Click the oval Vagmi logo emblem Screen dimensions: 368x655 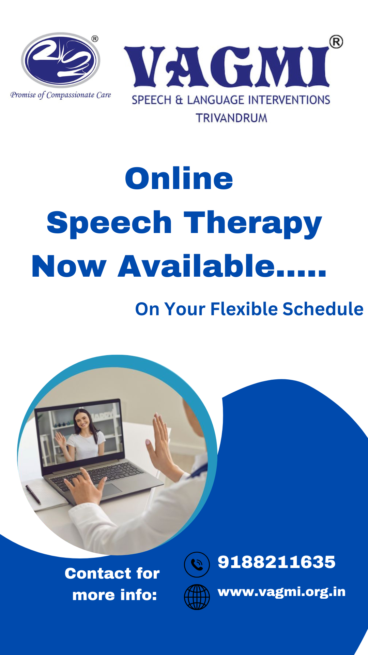coord(61,60)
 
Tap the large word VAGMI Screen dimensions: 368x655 coord(227,66)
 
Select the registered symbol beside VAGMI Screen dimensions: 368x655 coord(336,42)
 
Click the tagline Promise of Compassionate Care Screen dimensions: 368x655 coord(61,95)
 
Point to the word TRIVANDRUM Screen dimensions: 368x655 coord(231,118)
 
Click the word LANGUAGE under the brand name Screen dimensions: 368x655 coord(216,100)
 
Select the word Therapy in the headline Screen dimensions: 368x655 coord(253,224)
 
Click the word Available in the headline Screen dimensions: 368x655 coord(196,266)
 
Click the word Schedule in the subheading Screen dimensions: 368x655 coord(323,309)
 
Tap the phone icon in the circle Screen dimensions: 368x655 coord(197,565)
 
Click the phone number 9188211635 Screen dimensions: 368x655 coord(276,562)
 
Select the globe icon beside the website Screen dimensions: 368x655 coord(197,597)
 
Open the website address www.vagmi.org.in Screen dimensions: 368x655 coord(281,592)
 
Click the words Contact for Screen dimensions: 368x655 coord(112,573)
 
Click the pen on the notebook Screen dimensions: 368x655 coord(33,494)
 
